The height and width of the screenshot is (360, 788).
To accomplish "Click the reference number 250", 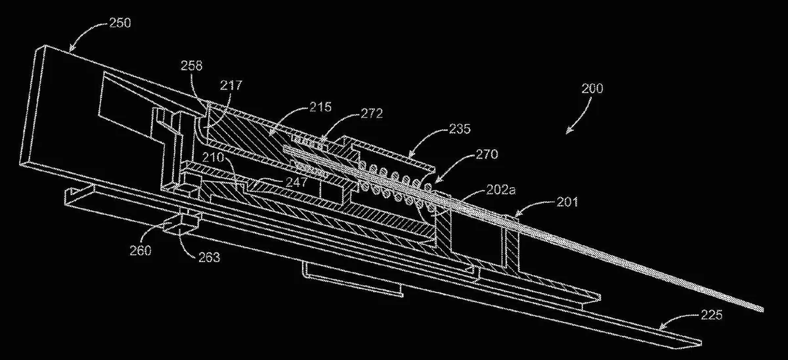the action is click(x=120, y=23).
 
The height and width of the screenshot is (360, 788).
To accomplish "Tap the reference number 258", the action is click(x=191, y=66).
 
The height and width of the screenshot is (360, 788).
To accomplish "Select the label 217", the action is click(x=231, y=85).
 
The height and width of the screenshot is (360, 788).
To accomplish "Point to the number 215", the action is click(x=320, y=107).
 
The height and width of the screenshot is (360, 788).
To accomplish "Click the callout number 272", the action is click(x=372, y=114).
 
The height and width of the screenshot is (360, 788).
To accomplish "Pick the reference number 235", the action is click(x=460, y=129).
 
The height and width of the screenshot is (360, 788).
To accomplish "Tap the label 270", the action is click(x=487, y=154).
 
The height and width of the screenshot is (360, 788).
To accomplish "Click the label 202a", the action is click(x=500, y=191).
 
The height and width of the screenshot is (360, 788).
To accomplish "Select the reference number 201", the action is click(x=567, y=202).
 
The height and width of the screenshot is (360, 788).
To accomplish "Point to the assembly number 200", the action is click(x=592, y=88).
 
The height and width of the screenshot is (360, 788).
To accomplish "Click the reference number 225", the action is click(x=711, y=315).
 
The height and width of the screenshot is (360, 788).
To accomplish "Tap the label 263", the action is click(x=209, y=258).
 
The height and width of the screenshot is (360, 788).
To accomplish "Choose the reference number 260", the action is click(x=141, y=251).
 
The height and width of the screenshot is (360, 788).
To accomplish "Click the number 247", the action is click(x=296, y=182).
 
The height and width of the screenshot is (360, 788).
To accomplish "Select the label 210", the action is click(x=213, y=157).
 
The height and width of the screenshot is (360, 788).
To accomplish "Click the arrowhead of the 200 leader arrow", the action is click(x=568, y=132).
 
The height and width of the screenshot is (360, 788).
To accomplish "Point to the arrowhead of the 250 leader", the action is click(x=71, y=50).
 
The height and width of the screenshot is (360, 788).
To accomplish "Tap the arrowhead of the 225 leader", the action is click(x=661, y=328).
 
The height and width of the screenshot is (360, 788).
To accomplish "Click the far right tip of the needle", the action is click(x=763, y=310).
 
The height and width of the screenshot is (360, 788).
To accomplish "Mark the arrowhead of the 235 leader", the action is click(x=410, y=155).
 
